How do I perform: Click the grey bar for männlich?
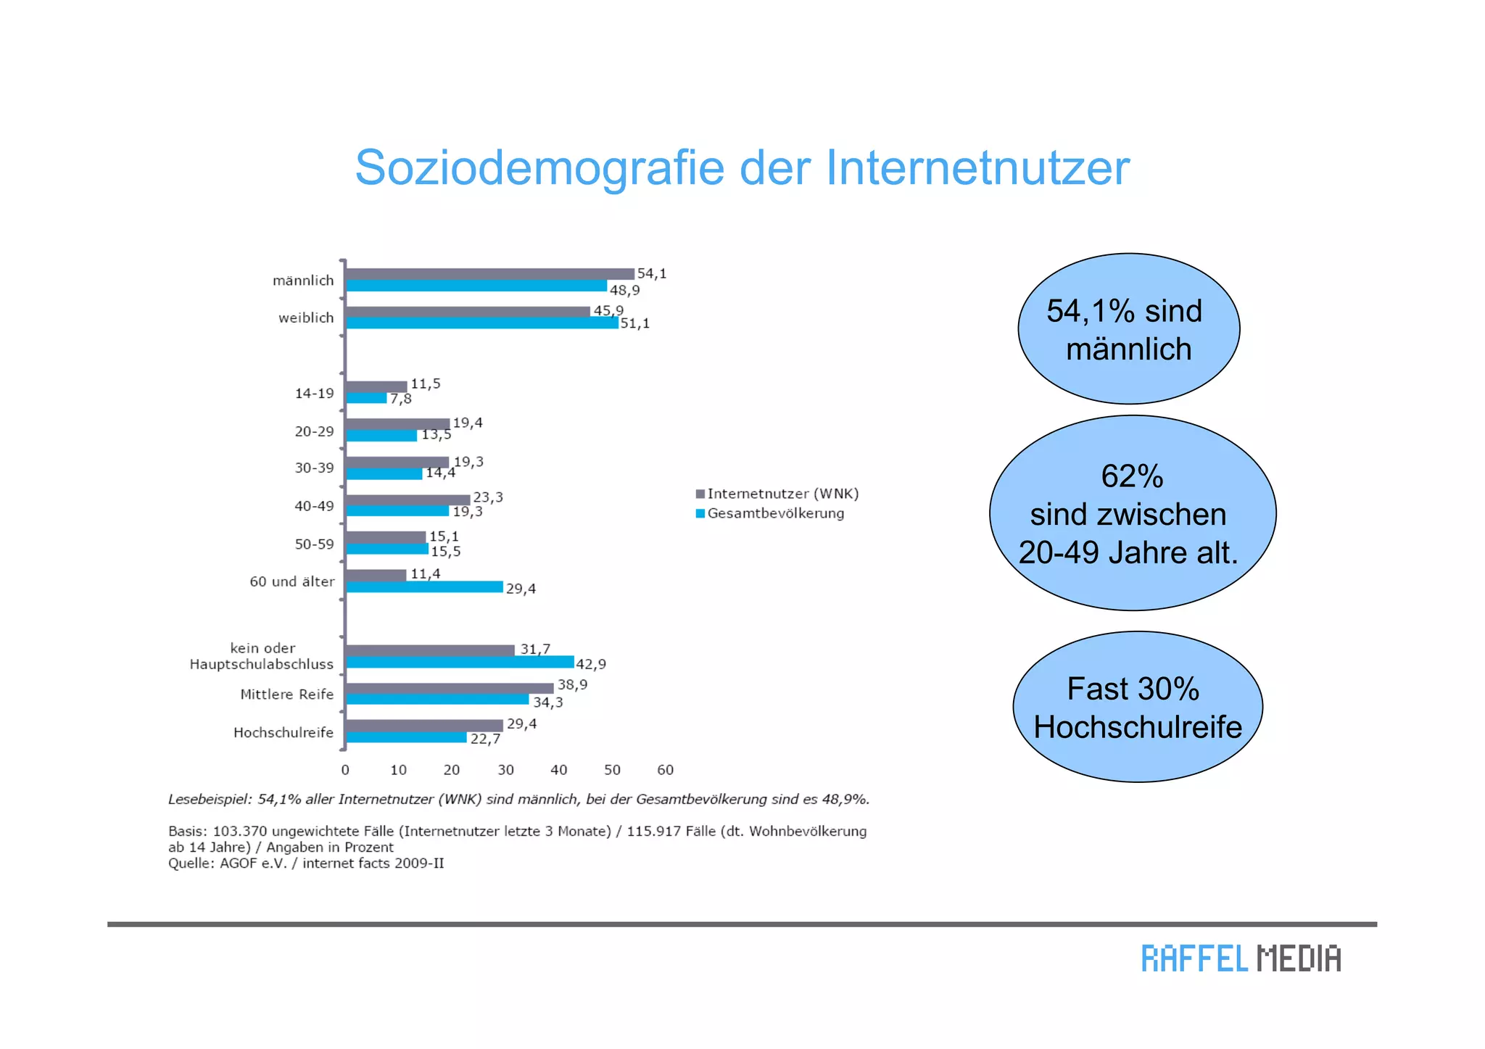[x=489, y=274]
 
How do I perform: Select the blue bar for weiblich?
[x=482, y=323]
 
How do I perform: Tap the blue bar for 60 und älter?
[x=424, y=586]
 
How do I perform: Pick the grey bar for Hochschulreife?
[x=424, y=726]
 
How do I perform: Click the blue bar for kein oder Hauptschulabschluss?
[x=460, y=663]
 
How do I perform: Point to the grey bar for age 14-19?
[x=376, y=386]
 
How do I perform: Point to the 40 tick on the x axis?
[x=558, y=770]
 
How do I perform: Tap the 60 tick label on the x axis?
[x=665, y=770]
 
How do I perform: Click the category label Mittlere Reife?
[x=287, y=695]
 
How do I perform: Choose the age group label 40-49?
[x=314, y=506]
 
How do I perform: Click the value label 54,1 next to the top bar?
[x=651, y=273]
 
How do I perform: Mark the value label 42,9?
[x=591, y=664]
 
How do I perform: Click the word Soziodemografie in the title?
[x=539, y=168]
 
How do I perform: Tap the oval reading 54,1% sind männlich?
[x=1128, y=329]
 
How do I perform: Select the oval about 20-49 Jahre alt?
[x=1132, y=513]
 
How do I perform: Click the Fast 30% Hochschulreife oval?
[x=1137, y=707]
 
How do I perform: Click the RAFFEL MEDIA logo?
[x=1241, y=958]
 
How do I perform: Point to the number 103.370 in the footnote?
[x=239, y=832]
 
